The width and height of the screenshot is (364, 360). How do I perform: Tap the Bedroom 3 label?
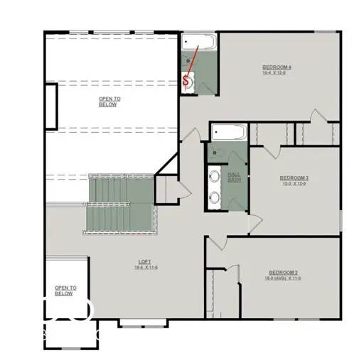pos(294,178)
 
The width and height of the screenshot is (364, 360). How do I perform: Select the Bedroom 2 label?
pos(283,273)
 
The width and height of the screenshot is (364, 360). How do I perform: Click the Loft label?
pos(144,262)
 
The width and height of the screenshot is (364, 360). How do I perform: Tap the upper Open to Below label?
pos(109,100)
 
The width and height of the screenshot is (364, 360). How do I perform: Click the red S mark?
pos(187,81)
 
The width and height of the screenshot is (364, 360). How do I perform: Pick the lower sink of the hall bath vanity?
pos(215,197)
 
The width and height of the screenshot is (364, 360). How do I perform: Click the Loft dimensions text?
pos(144,268)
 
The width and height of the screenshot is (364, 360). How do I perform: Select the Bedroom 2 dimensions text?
pos(283,278)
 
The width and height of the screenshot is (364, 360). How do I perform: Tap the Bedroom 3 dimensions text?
pos(294,183)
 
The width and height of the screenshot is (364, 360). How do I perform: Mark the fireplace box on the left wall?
pos(50,107)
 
